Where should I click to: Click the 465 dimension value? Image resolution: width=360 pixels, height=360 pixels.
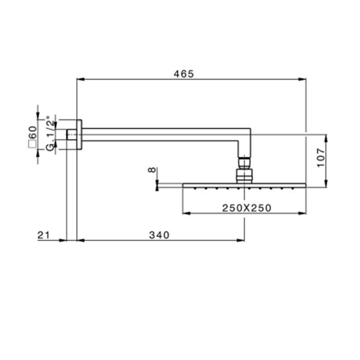point(183,74)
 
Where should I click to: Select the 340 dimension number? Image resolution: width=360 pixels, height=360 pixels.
point(159,235)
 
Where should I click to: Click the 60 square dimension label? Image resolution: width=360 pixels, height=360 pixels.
point(32,136)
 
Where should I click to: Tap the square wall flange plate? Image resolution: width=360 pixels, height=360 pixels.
point(79,134)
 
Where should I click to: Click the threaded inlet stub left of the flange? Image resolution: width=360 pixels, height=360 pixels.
point(72,134)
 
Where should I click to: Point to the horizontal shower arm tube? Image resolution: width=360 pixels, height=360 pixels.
point(159,134)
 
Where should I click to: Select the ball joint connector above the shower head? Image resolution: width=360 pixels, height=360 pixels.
point(244,171)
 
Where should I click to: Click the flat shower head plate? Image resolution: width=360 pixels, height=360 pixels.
point(244,185)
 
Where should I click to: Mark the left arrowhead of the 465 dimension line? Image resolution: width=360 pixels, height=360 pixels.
point(79,79)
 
